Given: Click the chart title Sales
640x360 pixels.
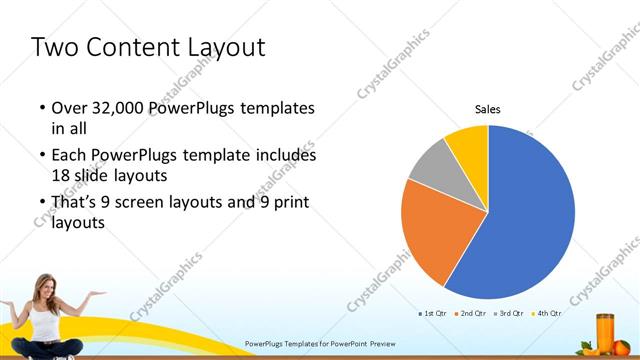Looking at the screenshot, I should [x=487, y=109].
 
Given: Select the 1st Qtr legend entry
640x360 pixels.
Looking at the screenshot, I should [x=432, y=314].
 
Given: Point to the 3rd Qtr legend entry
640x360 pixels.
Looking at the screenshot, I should [x=511, y=314].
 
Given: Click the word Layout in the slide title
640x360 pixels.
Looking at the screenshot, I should [x=227, y=47].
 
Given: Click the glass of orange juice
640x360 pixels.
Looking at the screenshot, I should [x=605, y=332].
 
